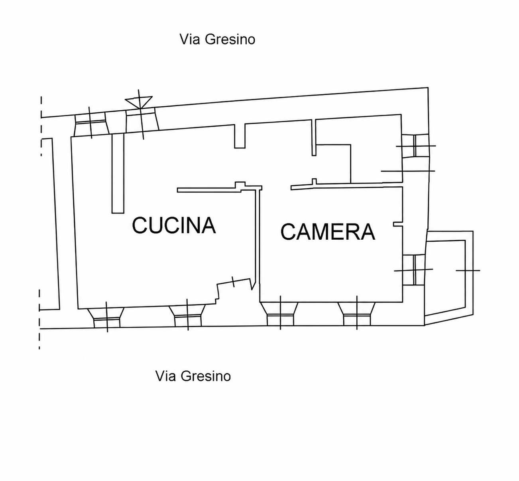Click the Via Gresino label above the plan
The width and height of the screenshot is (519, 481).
click(217, 39)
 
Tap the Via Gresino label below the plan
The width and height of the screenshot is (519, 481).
click(193, 376)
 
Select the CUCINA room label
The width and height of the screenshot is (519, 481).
click(174, 225)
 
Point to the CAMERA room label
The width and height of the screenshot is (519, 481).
click(328, 232)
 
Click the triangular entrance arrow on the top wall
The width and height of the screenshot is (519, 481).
click(139, 102)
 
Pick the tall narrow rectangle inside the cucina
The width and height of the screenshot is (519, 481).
click(118, 174)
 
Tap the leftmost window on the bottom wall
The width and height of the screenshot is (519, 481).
click(106, 318)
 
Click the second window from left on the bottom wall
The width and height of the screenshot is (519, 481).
click(187, 316)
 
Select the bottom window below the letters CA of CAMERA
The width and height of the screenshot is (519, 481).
click(280, 314)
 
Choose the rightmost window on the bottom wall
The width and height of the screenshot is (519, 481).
click(356, 314)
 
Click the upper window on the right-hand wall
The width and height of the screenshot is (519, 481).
click(415, 146)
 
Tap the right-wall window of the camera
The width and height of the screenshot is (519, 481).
click(414, 270)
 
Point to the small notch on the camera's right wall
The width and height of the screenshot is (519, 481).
click(398, 224)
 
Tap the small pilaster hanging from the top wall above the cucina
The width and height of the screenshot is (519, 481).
click(240, 136)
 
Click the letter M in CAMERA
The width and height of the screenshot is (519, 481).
click(325, 232)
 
